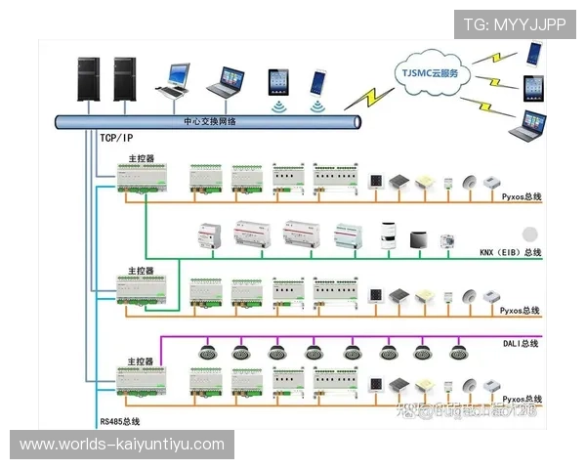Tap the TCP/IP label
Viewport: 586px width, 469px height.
click(113, 138)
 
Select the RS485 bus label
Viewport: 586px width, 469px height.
click(120, 421)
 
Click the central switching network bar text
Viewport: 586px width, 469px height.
click(209, 121)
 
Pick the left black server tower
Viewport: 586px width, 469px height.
click(90, 79)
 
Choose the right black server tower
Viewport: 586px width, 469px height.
click(124, 79)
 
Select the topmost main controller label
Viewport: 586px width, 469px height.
click(141, 157)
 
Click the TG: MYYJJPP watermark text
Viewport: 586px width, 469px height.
click(514, 24)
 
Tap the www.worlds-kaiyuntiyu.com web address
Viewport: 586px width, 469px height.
click(122, 445)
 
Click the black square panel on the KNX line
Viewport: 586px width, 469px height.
click(417, 238)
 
